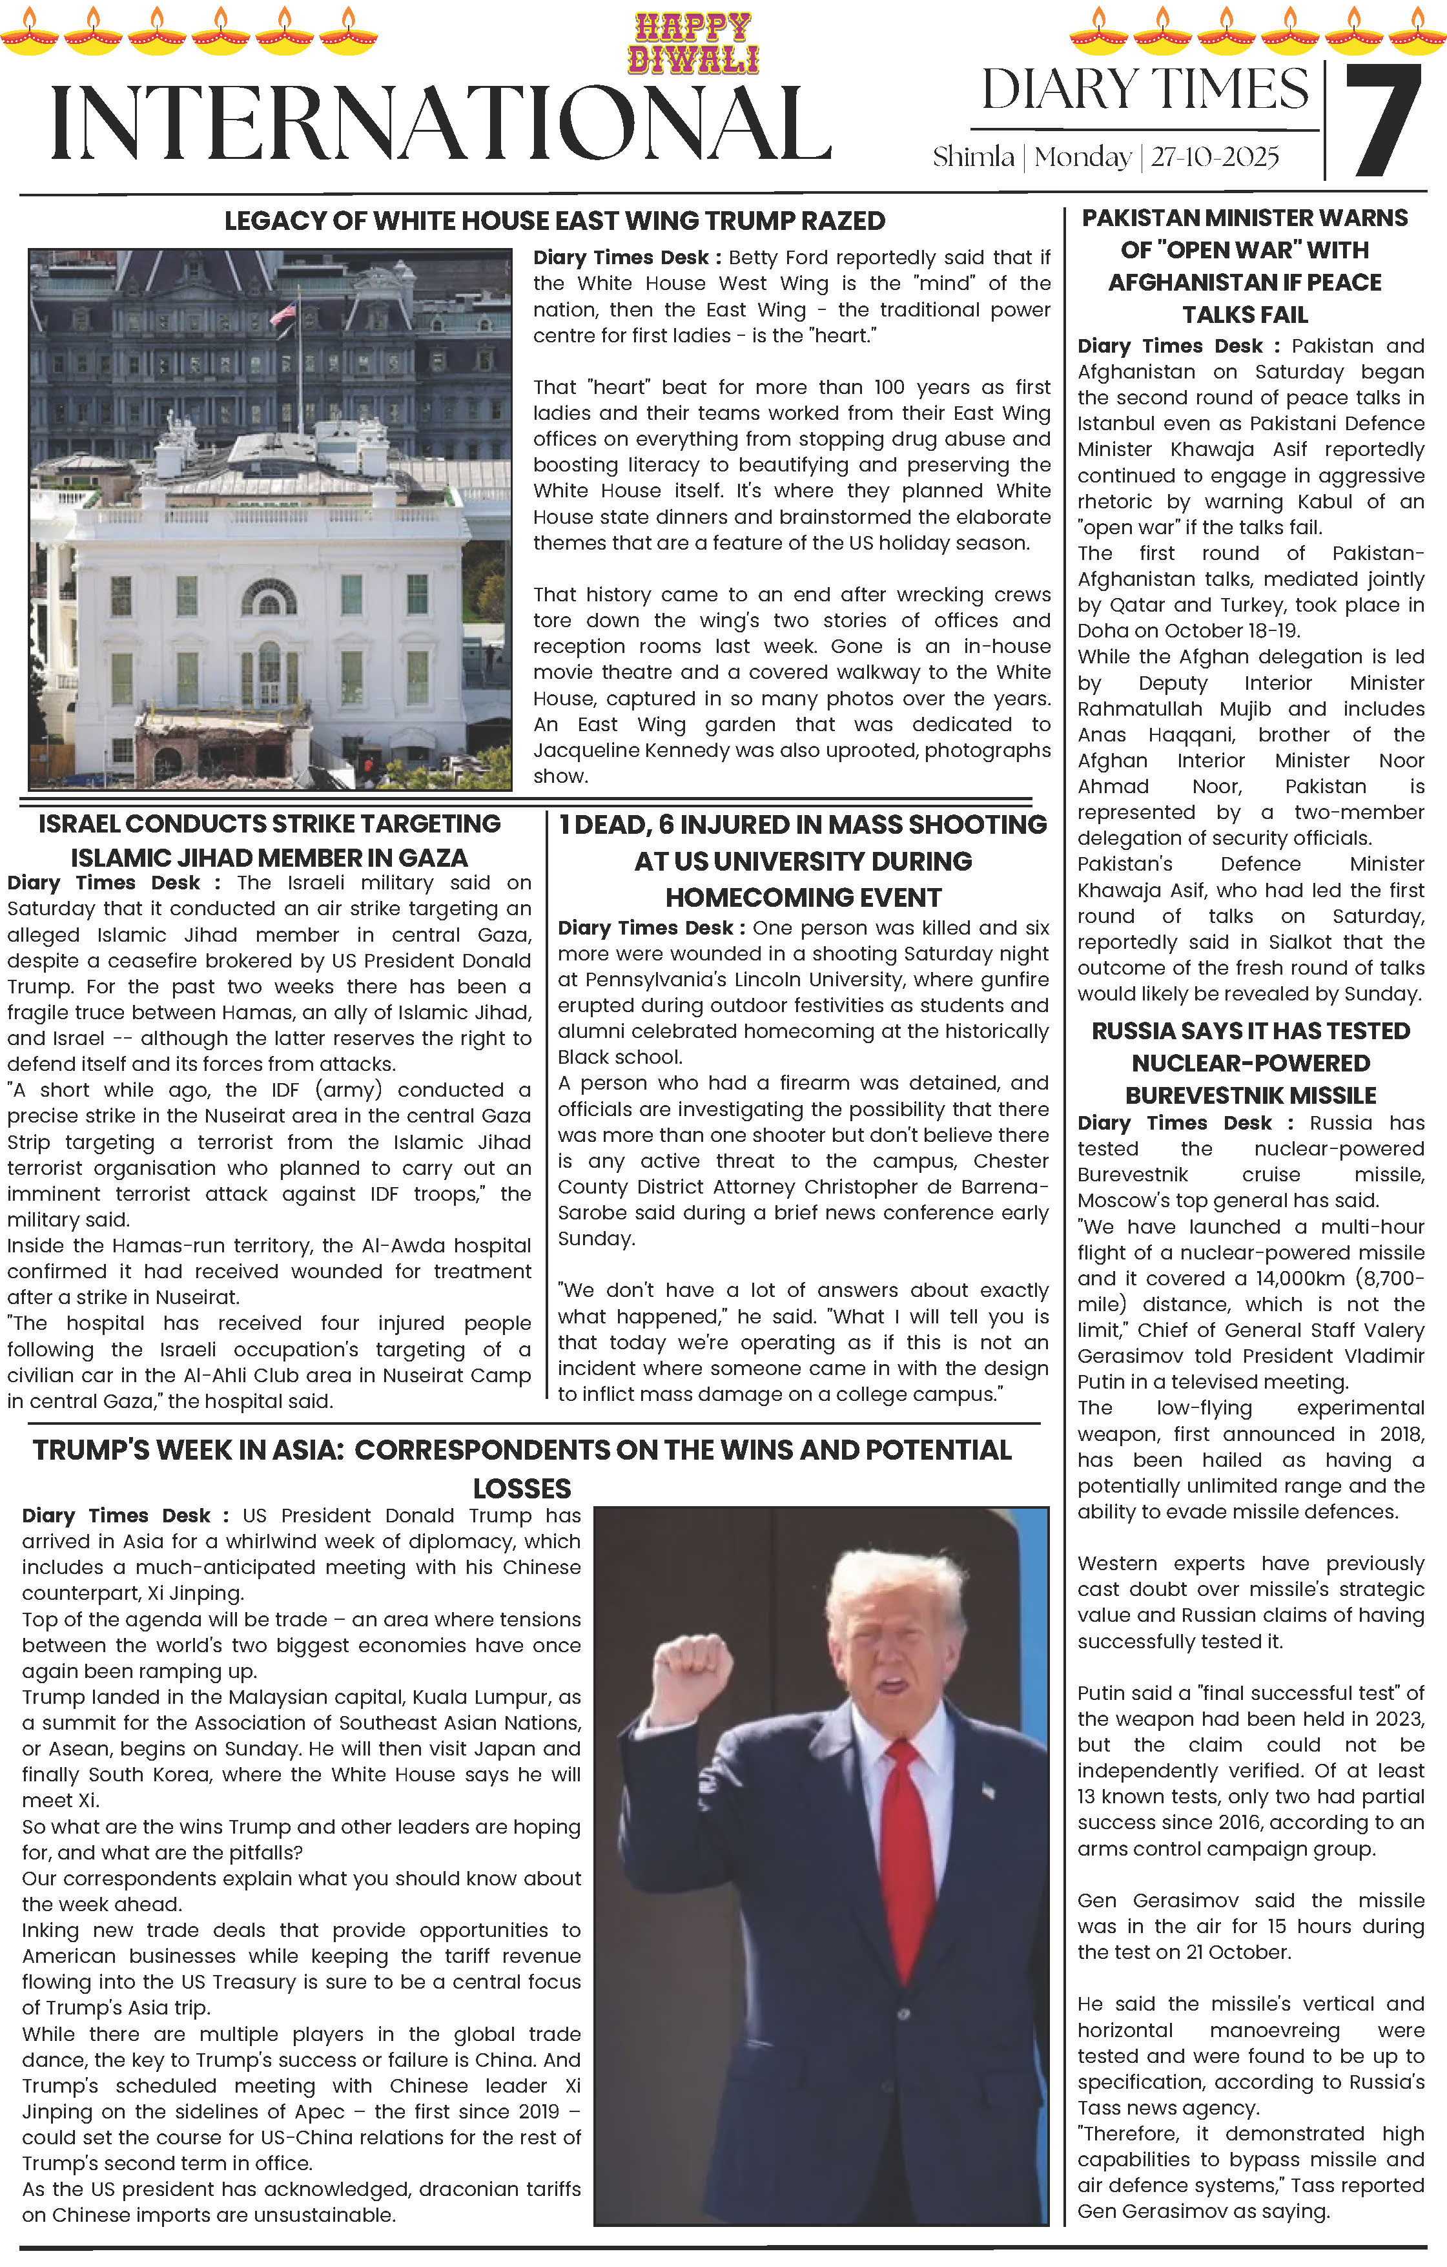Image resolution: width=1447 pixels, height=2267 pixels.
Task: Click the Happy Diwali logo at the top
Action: (x=694, y=43)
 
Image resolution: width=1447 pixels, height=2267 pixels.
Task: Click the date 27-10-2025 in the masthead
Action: (x=1215, y=157)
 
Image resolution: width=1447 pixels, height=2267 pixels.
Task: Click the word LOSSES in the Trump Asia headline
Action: (x=522, y=1489)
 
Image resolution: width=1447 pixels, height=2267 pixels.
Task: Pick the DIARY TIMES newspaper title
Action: (x=1145, y=90)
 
